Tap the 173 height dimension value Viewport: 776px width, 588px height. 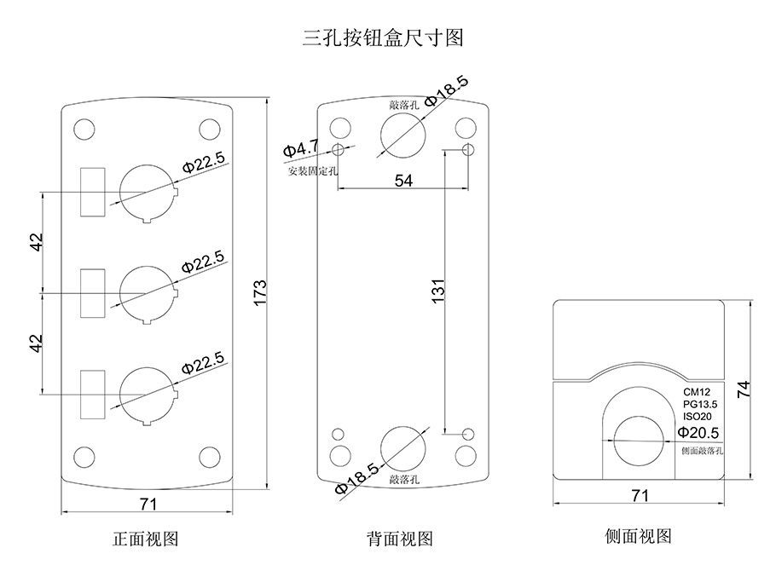pyautogui.click(x=260, y=291)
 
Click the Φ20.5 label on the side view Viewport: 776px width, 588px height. pyautogui.click(x=698, y=432)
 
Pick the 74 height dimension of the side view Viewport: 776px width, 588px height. pyautogui.click(x=744, y=389)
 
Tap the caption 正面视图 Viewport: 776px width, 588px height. pyautogui.click(x=146, y=539)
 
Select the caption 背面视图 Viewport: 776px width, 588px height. pyautogui.click(x=400, y=539)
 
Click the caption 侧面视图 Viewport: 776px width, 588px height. pyautogui.click(x=638, y=536)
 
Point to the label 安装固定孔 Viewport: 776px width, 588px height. pyautogui.click(x=313, y=170)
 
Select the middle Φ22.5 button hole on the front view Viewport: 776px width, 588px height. pyautogui.click(x=148, y=294)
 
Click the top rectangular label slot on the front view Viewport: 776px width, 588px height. pyautogui.click(x=91, y=191)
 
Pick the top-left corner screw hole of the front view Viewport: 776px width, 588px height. pyautogui.click(x=84, y=130)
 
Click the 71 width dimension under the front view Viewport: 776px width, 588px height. pyautogui.click(x=148, y=504)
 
